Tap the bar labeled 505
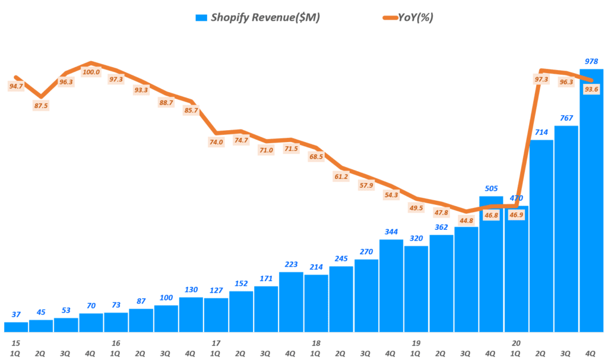pyautogui.click(x=491, y=264)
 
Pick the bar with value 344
pyautogui.click(x=391, y=285)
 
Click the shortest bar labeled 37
pyautogui.click(x=16, y=327)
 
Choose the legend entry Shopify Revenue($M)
pyautogui.click(x=258, y=17)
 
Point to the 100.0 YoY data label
pyautogui.click(x=91, y=72)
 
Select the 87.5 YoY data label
pyautogui.click(x=41, y=106)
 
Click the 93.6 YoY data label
pyautogui.click(x=591, y=90)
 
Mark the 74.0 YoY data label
pyautogui.click(x=216, y=142)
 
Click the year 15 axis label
pyautogui.click(x=15, y=343)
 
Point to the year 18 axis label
pyautogui.click(x=316, y=343)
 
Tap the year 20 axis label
pyautogui.click(x=516, y=343)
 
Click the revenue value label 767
pyautogui.click(x=566, y=118)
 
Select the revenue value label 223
pyautogui.click(x=291, y=264)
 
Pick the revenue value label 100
pyautogui.click(x=166, y=298)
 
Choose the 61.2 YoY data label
pyautogui.click(x=341, y=176)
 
